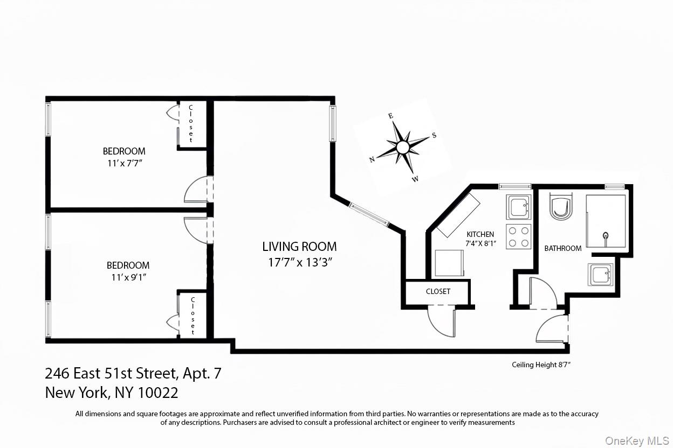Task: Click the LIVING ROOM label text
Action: click(299, 247)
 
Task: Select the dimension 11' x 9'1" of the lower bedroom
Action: click(128, 277)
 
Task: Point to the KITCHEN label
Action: click(480, 234)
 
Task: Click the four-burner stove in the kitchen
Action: click(518, 236)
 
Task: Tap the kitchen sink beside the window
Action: click(518, 206)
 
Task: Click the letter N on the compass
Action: click(372, 159)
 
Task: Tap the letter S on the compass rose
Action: click(434, 136)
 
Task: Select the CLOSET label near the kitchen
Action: click(438, 291)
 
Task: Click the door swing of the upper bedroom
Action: click(197, 191)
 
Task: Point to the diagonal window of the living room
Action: click(369, 213)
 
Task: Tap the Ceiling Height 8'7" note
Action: click(541, 365)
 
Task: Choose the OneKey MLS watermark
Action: click(637, 441)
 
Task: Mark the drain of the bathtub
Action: click(606, 235)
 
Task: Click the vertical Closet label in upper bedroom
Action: click(191, 124)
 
